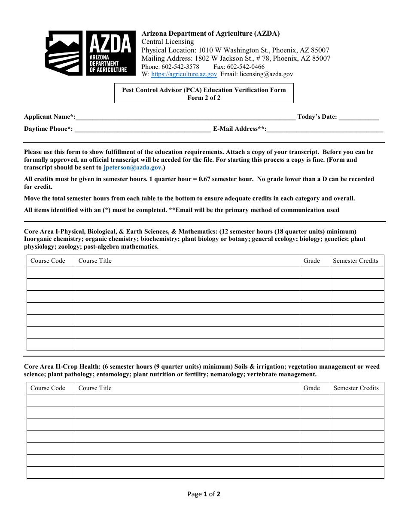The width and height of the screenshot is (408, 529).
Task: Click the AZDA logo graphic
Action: point(88,53)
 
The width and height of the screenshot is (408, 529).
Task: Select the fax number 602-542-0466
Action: point(246,67)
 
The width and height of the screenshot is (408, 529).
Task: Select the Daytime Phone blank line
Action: point(143,129)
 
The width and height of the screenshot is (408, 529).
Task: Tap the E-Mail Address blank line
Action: point(325,129)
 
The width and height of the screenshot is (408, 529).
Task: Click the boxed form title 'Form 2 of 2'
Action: point(204,98)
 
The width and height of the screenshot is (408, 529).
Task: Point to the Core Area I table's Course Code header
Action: point(48,261)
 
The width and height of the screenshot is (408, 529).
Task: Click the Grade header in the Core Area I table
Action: point(311,261)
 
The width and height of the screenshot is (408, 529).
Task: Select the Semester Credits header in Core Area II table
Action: point(356,388)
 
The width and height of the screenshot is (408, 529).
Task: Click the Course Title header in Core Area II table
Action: point(95,388)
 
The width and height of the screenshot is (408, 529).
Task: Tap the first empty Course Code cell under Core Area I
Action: point(51,273)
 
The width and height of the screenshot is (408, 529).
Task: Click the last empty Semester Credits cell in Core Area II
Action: point(356,472)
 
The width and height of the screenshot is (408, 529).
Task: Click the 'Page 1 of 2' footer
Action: point(204,494)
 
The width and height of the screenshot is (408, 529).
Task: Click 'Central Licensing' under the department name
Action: point(167,42)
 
